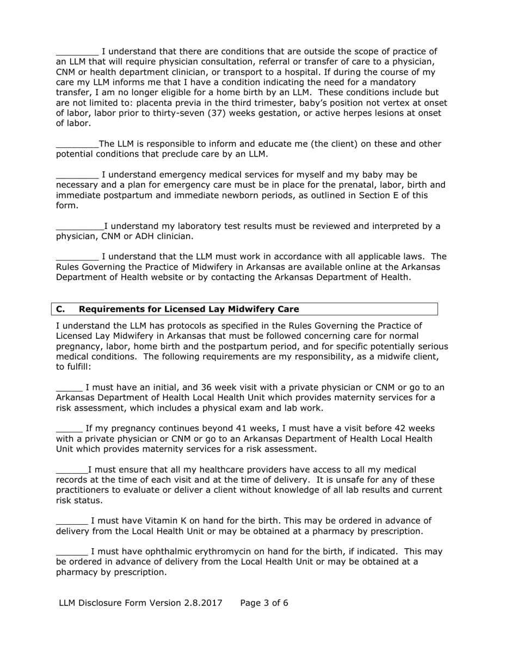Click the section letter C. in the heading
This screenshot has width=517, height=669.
(x=60, y=309)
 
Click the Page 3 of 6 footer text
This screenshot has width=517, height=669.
(x=264, y=603)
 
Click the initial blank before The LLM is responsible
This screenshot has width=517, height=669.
(x=77, y=145)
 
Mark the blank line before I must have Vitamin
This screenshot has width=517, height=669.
(x=72, y=521)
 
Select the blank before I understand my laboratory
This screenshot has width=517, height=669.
(x=79, y=226)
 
